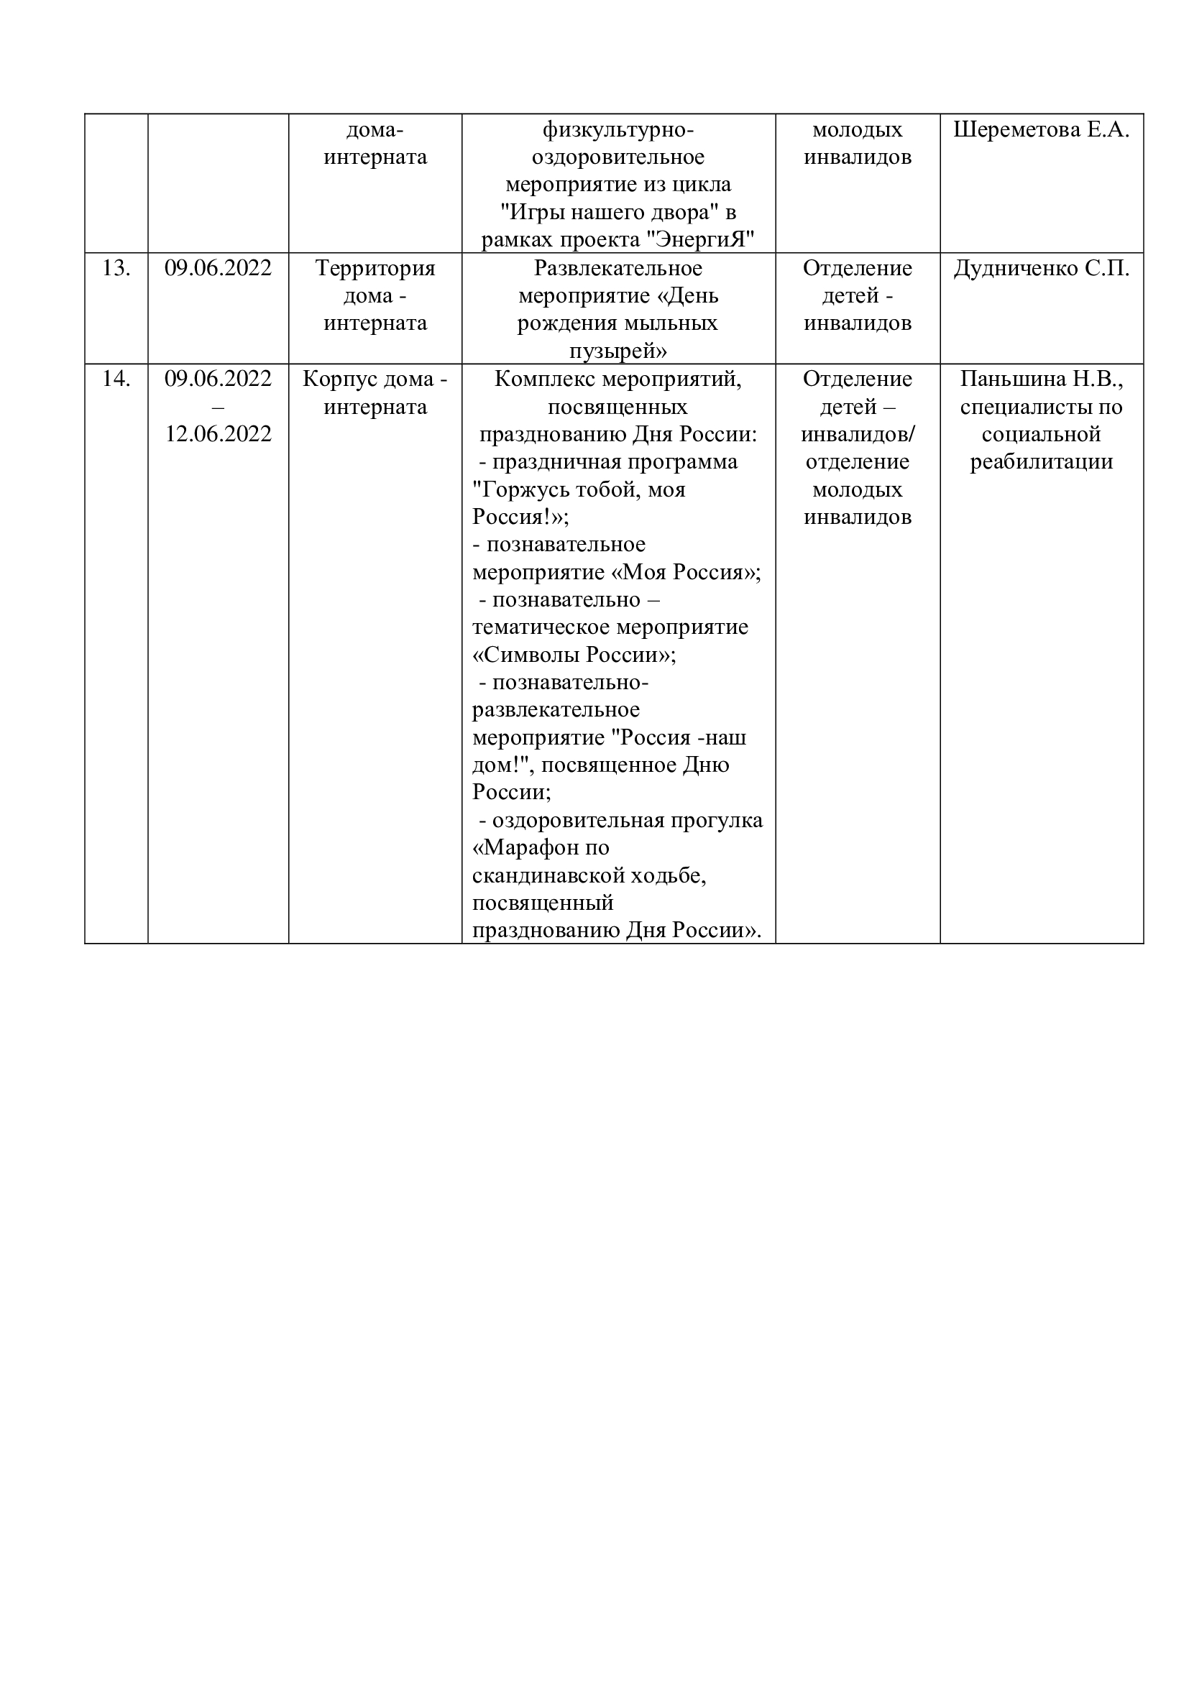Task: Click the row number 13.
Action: pyautogui.click(x=116, y=269)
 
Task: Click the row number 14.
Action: pyautogui.click(x=116, y=379)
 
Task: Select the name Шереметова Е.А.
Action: pyautogui.click(x=1041, y=130)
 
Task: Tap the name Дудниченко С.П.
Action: pyautogui.click(x=1041, y=269)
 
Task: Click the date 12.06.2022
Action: pyautogui.click(x=219, y=434)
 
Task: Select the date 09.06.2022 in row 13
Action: pyautogui.click(x=219, y=269)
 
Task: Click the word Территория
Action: pyautogui.click(x=375, y=269)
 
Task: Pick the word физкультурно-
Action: pyautogui.click(x=618, y=130)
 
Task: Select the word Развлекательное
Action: pyautogui.click(x=618, y=269)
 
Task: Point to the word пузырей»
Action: pyautogui.click(x=618, y=351)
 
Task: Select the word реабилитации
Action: pyautogui.click(x=1041, y=462)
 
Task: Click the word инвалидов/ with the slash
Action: pyautogui.click(x=858, y=434)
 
